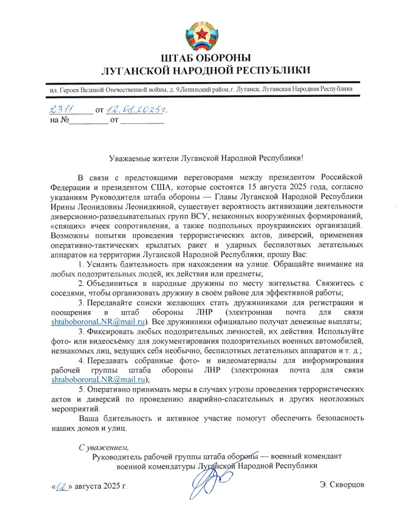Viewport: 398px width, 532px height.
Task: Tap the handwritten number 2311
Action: pos(61,110)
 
